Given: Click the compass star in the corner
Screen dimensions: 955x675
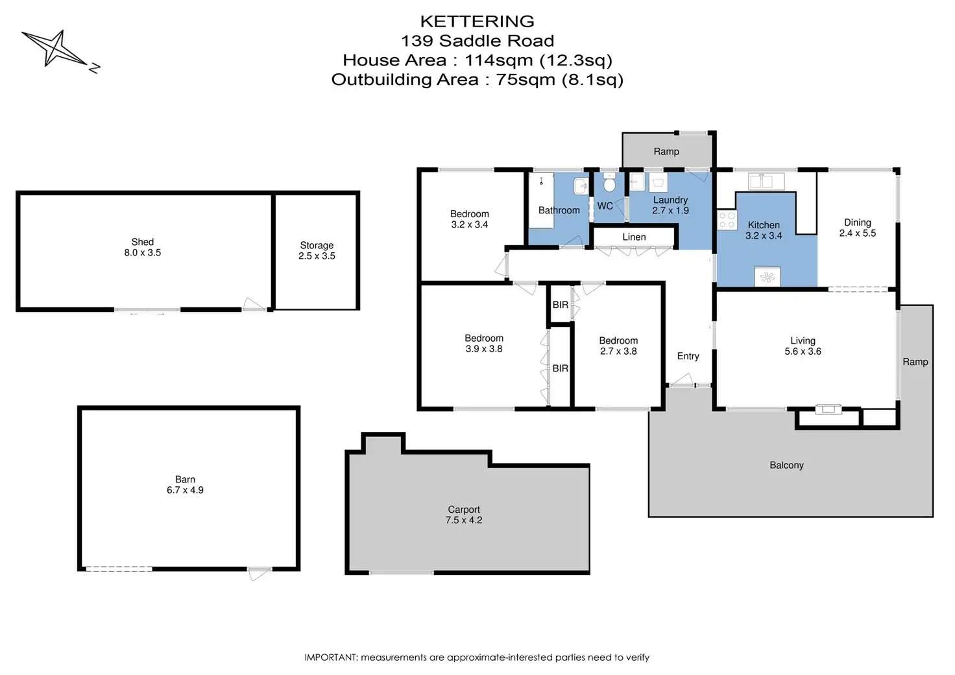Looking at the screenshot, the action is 54,49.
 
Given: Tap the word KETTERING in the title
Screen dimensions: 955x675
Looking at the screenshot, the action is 477,21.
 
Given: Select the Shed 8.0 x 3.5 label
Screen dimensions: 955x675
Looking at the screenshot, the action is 142,247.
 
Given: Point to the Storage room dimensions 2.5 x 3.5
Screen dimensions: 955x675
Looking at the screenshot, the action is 317,256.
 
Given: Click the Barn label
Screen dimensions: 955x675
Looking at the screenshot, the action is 185,479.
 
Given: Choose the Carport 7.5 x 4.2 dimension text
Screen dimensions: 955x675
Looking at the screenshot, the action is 464,520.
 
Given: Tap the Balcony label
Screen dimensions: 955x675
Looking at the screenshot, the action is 786,466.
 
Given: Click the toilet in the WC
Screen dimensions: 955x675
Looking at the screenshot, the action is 609,184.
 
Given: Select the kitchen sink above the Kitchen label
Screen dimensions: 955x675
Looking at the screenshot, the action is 767,182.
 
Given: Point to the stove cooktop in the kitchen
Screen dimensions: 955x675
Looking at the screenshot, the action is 727,220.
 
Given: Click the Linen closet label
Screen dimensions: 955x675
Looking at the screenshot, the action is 634,237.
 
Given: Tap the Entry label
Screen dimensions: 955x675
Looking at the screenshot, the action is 688,356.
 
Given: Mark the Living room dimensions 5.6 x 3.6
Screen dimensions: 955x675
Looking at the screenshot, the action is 803,351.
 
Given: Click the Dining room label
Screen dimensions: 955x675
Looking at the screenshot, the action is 858,222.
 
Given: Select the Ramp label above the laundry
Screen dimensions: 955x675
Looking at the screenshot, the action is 666,152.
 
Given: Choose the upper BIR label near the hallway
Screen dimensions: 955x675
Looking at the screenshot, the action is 560,305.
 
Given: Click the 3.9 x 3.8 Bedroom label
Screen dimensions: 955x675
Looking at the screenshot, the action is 484,344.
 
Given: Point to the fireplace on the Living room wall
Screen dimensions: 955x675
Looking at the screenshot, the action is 828,409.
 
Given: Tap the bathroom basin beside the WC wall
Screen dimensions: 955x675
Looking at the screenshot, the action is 581,186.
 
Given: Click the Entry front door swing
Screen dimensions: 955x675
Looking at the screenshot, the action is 681,380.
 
